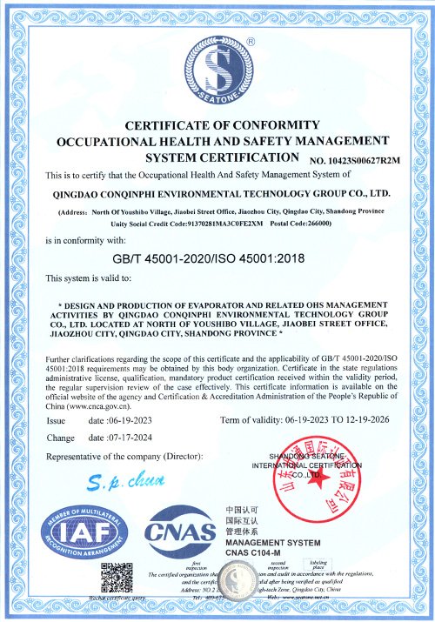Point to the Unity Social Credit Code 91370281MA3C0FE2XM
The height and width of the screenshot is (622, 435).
click(249, 224)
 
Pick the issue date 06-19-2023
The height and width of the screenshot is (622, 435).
click(117, 421)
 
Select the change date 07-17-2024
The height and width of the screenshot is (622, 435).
click(117, 438)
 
